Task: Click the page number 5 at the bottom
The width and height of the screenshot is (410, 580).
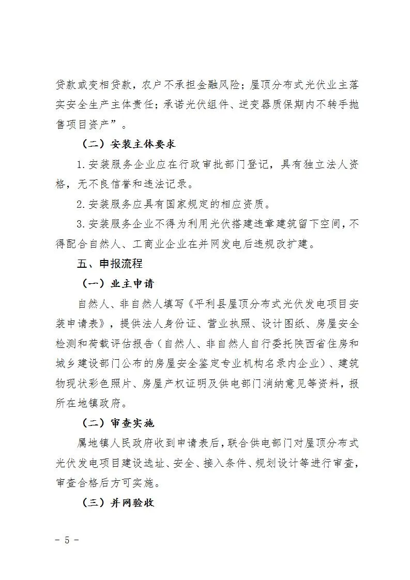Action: (66, 540)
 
